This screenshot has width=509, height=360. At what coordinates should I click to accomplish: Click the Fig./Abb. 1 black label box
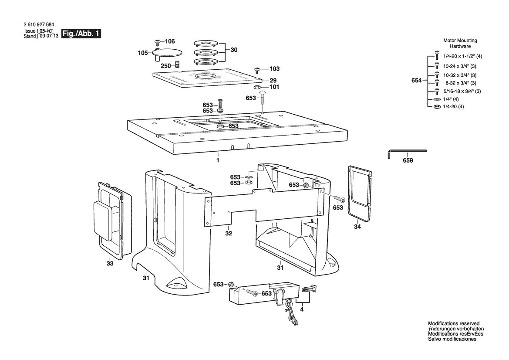81,34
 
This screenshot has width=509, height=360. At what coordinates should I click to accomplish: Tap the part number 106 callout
169,41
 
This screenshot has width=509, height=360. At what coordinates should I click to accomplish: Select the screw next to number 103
257,70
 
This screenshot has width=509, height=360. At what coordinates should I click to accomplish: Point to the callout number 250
166,65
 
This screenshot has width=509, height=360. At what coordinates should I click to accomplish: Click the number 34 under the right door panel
357,227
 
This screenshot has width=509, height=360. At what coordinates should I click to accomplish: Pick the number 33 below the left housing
110,264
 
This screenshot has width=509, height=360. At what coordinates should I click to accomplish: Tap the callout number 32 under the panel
229,233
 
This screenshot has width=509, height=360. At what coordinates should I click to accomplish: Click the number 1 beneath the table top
218,160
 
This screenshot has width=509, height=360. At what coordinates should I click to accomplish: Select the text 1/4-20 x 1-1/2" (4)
462,57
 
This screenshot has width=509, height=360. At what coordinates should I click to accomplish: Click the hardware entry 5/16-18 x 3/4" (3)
462,91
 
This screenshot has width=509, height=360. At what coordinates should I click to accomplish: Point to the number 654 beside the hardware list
417,81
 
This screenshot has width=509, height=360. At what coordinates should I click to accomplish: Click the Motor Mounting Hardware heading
460,43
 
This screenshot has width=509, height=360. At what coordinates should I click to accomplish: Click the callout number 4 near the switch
302,310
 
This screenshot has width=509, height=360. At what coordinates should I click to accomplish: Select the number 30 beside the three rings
234,50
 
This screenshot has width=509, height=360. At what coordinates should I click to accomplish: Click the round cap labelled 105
168,53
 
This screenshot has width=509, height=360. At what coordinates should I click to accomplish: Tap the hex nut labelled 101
258,87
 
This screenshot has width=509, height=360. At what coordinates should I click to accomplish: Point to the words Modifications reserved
453,324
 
